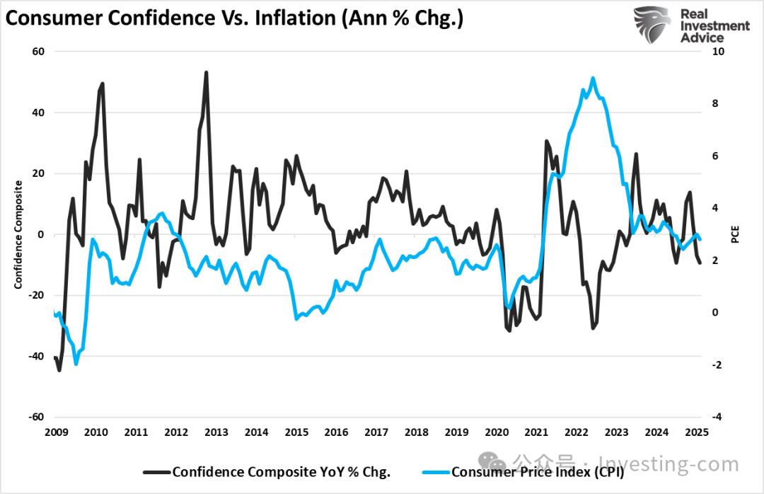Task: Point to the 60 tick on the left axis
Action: [37, 52]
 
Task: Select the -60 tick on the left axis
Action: [35, 417]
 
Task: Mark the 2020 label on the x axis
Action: [496, 432]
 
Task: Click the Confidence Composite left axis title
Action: [18, 234]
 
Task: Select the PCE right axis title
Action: [735, 234]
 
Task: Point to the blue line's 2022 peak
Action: [592, 79]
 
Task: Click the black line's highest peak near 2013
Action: [206, 72]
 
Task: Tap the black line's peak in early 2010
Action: [103, 84]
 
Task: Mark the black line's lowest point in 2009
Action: [59, 369]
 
